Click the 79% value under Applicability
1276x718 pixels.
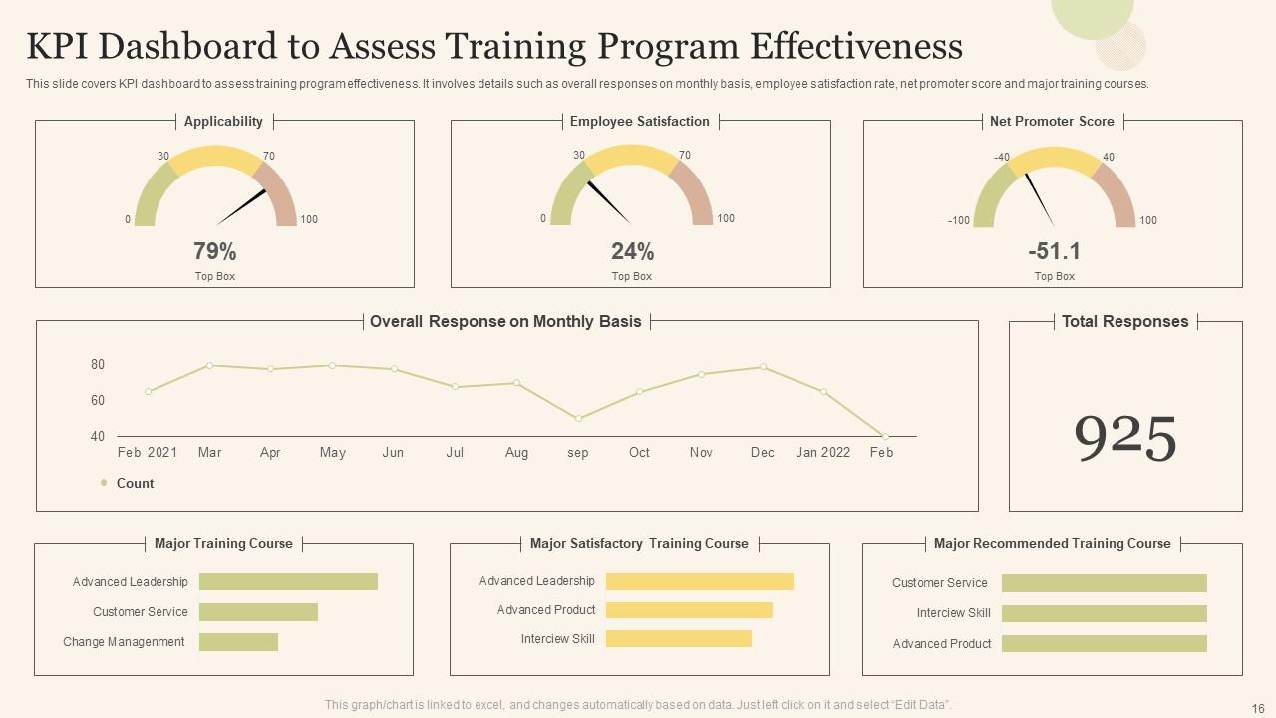(x=214, y=251)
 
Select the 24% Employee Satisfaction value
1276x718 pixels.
(x=632, y=251)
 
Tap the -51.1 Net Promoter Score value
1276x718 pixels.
(x=1054, y=251)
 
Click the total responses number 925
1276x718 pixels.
(x=1125, y=438)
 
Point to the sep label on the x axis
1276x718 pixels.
(x=578, y=453)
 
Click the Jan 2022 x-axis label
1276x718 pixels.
(x=822, y=453)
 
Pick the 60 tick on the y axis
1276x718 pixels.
(x=98, y=400)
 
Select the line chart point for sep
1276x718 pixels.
(x=578, y=419)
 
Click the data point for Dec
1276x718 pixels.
(x=764, y=367)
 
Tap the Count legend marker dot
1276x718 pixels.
(x=104, y=483)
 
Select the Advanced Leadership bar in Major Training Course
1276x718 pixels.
(x=288, y=582)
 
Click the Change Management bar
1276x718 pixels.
(x=238, y=642)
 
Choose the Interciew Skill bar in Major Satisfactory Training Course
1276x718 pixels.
(x=678, y=639)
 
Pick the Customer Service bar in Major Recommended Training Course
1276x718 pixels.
(x=1104, y=583)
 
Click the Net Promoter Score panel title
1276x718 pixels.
(x=1052, y=122)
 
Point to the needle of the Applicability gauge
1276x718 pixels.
(x=242, y=206)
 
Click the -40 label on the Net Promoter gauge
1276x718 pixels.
(x=1002, y=158)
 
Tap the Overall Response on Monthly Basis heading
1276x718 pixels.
(x=505, y=322)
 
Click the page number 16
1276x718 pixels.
(x=1256, y=706)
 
